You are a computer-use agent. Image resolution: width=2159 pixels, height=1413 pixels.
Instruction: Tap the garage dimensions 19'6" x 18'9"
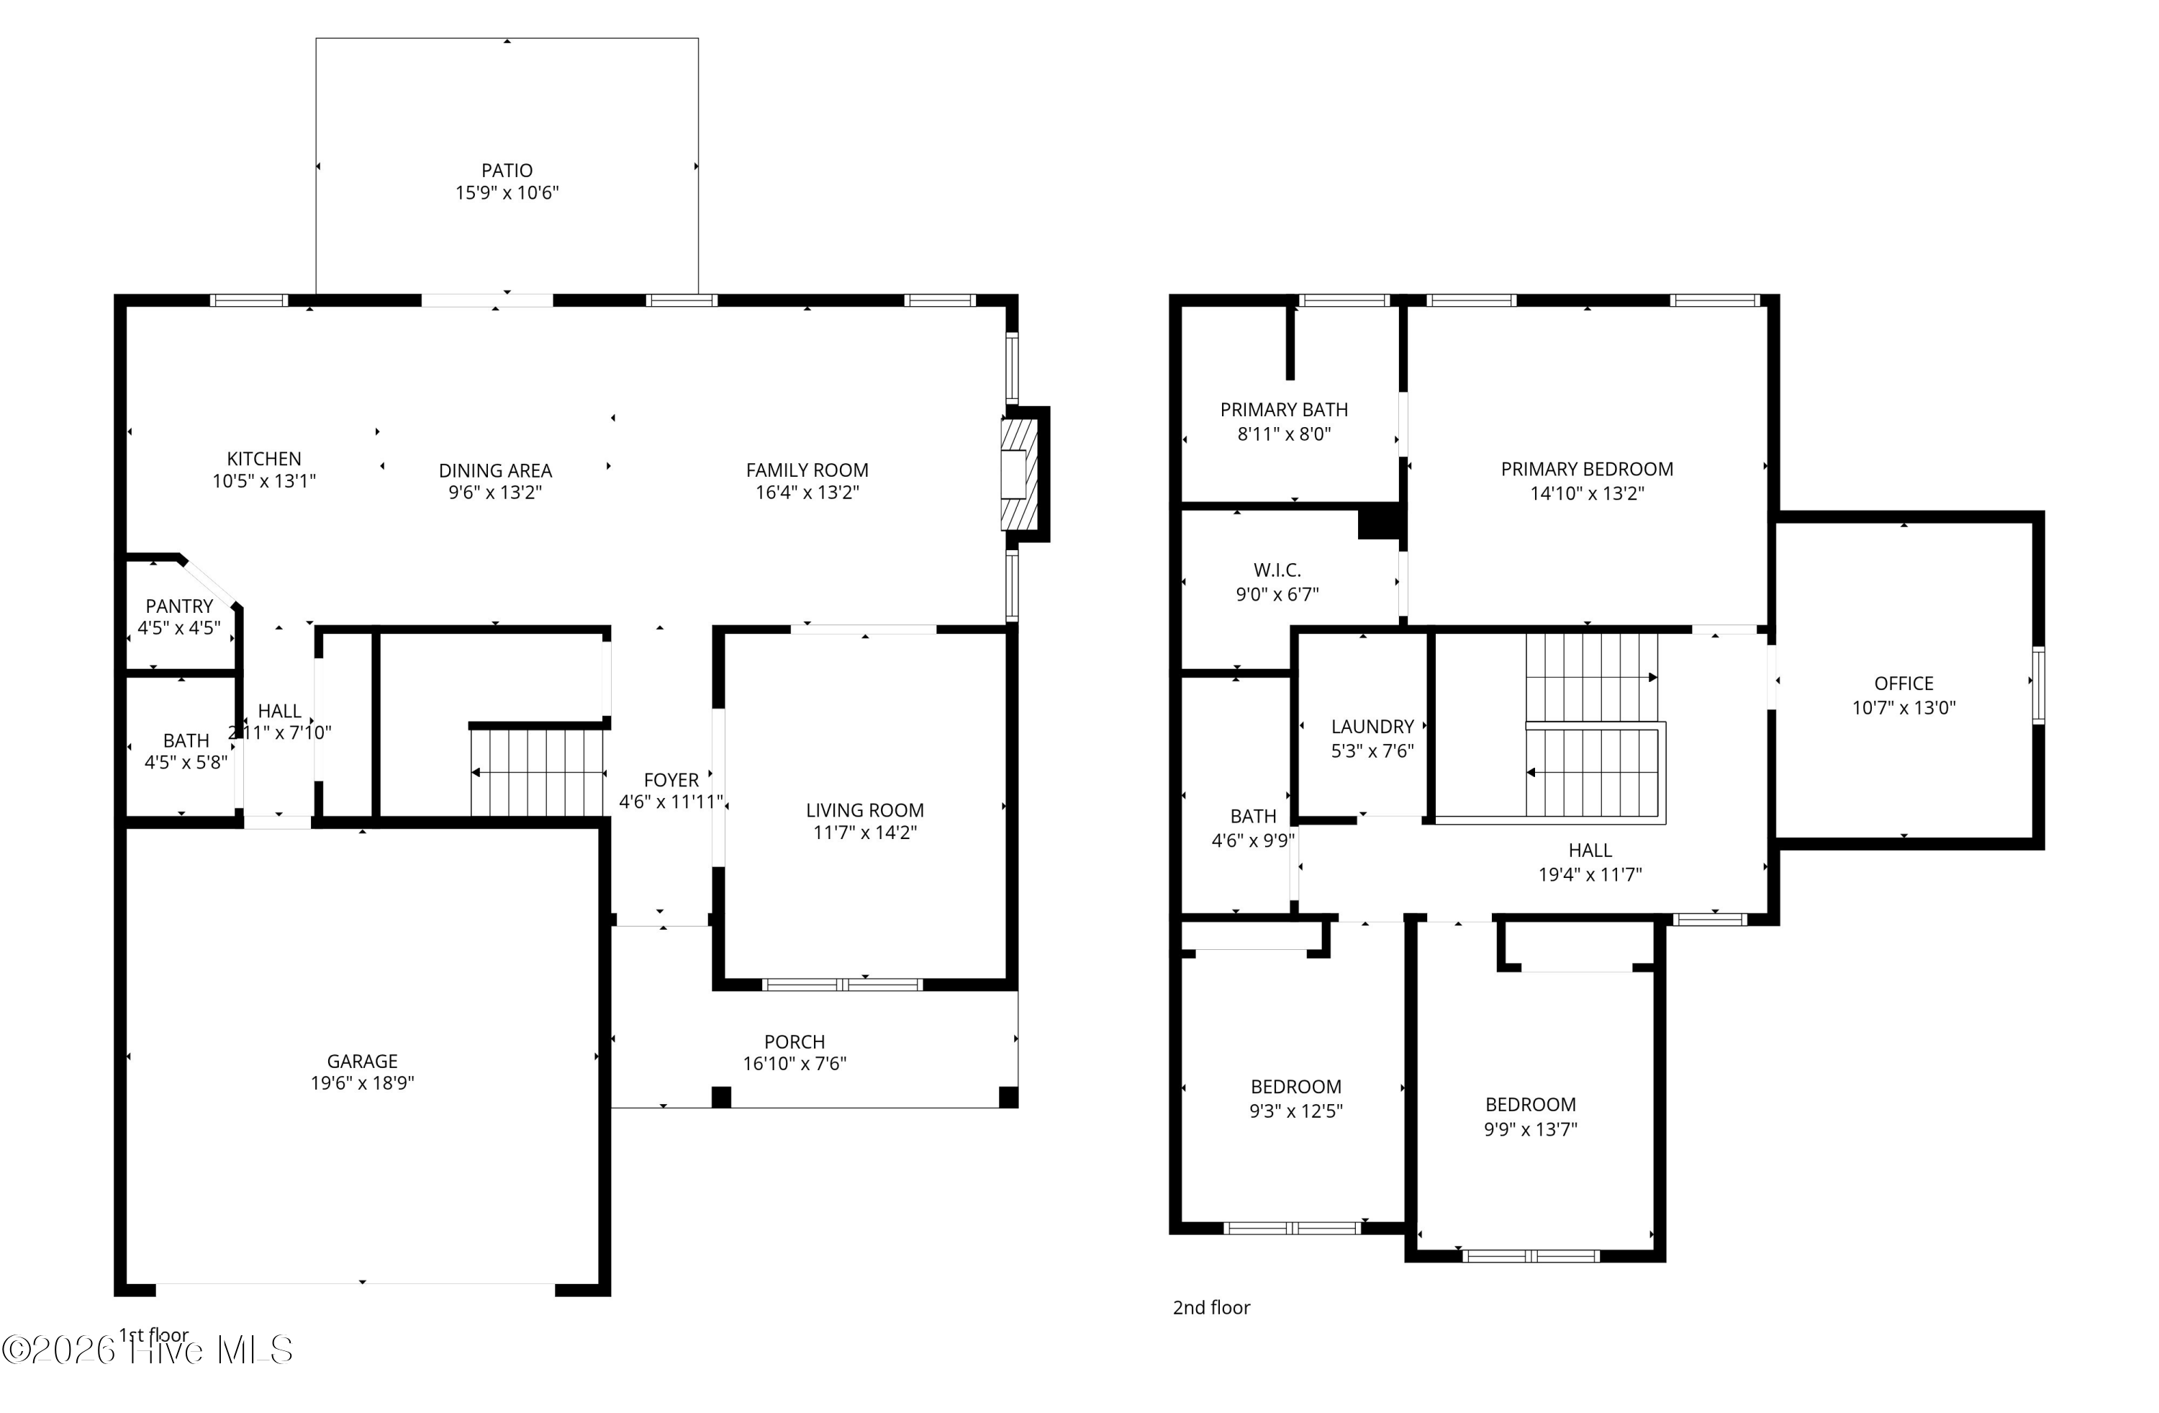pyautogui.click(x=362, y=1082)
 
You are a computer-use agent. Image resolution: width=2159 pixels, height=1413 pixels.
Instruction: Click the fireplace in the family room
pyautogui.click(x=1018, y=474)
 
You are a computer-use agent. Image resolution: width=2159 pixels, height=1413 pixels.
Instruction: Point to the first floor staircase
pyautogui.click(x=537, y=772)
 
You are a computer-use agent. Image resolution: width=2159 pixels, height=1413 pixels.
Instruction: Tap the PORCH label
pyautogui.click(x=794, y=1042)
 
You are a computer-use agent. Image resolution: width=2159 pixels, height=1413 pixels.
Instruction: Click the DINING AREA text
pyautogui.click(x=495, y=470)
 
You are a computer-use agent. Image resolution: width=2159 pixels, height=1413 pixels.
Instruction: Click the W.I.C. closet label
pyautogui.click(x=1277, y=570)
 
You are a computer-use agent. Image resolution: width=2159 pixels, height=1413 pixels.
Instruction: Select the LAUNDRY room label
pyautogui.click(x=1372, y=726)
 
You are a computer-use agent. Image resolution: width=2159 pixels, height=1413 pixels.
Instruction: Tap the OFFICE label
pyautogui.click(x=1904, y=683)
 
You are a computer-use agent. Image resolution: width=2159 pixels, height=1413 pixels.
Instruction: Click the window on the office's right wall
pyautogui.click(x=2037, y=684)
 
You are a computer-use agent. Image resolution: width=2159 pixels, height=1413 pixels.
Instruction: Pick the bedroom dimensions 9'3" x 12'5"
pyautogui.click(x=1295, y=1111)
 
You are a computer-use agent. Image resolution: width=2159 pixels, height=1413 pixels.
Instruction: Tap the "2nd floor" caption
pyautogui.click(x=1211, y=1307)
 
